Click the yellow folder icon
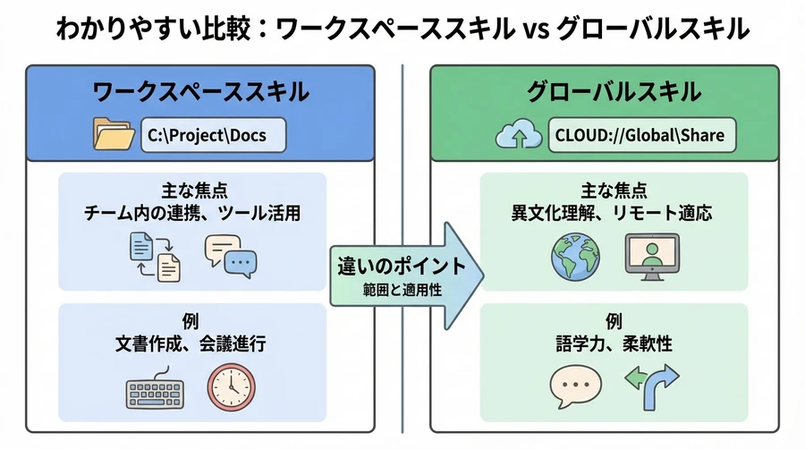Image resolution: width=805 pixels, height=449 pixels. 114,135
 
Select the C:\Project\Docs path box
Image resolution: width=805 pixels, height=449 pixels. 215,136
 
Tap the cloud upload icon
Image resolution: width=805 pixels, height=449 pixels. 517,136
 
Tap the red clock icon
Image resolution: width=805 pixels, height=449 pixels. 230,383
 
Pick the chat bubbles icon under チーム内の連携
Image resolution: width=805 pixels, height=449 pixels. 230,254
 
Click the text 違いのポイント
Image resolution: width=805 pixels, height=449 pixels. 402,266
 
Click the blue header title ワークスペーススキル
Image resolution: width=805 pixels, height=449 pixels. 201,91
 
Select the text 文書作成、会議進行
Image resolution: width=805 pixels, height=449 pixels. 191,342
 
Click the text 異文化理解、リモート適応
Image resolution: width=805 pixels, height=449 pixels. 613,214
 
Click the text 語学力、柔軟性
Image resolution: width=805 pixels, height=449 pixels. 613,342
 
